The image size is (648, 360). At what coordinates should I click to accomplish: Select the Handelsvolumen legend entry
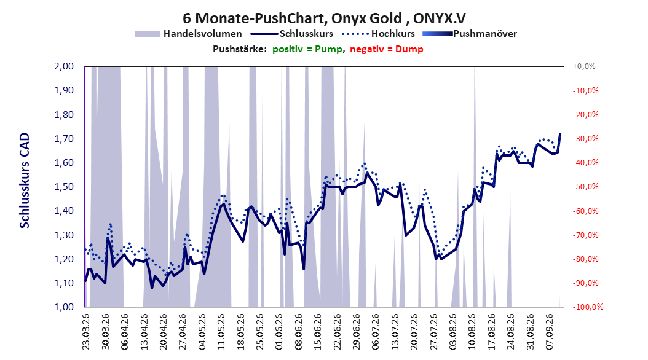[x=189, y=34]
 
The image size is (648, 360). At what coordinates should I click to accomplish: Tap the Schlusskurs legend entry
[x=292, y=34]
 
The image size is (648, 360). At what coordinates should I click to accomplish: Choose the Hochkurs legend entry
[x=377, y=34]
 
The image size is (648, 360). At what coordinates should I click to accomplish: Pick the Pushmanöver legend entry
[x=470, y=34]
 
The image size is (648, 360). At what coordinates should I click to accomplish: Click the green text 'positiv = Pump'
[x=307, y=49]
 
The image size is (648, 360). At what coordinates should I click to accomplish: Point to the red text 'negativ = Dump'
[x=387, y=49]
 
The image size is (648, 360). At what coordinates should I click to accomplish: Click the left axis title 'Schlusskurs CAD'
[x=25, y=181]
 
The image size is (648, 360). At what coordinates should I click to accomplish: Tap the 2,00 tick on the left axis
[x=64, y=66]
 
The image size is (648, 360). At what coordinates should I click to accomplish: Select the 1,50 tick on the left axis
[x=64, y=187]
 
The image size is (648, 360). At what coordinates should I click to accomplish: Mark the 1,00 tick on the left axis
[x=64, y=307]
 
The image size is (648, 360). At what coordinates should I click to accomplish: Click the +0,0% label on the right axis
[x=584, y=66]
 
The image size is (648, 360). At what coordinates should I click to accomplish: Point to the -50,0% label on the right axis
[x=585, y=187]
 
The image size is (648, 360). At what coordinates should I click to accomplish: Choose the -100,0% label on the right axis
[x=588, y=307]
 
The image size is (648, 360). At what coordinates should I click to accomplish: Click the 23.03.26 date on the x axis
[x=86, y=332]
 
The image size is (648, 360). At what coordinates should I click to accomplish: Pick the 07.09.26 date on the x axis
[x=550, y=332]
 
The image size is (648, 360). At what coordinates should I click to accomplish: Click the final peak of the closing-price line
[x=560, y=134]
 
